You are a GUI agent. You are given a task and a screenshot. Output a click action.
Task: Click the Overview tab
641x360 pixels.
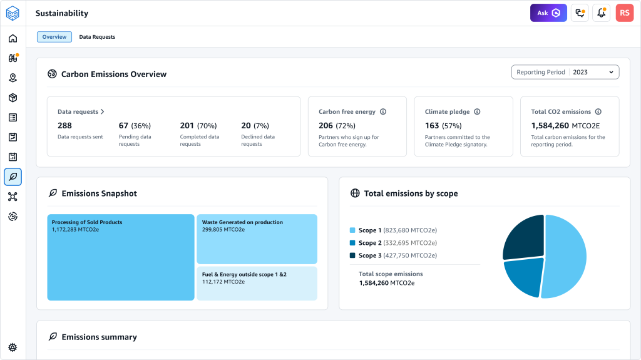54,37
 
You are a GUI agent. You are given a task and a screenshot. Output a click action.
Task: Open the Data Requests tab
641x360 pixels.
97,37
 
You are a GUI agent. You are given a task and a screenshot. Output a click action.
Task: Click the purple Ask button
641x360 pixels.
548,13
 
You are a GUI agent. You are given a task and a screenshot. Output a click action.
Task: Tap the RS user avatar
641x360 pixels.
625,13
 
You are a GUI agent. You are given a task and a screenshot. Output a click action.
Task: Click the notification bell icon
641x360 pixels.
602,13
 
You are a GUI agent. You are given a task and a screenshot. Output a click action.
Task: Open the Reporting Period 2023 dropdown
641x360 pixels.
565,72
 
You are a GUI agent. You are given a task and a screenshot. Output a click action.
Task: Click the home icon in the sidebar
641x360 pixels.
13,39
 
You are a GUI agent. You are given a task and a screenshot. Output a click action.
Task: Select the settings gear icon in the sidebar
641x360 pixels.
13,347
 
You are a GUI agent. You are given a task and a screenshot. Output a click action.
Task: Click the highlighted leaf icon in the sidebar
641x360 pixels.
13,177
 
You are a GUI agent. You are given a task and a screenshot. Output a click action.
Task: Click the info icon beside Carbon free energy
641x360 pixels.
383,112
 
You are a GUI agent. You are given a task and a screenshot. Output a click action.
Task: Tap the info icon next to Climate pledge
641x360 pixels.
477,112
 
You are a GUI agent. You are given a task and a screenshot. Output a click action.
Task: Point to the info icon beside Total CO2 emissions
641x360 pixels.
598,112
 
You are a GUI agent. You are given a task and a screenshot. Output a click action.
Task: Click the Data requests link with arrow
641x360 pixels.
81,112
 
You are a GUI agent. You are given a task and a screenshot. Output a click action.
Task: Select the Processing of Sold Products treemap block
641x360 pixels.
121,257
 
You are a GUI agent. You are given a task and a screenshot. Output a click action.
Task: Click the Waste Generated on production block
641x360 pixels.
257,239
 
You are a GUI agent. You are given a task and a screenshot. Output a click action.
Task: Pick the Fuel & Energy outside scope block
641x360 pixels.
257,284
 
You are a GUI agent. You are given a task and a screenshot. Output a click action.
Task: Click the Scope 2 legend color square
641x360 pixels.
352,243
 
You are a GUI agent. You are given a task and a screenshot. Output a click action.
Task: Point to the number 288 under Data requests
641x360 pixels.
64,126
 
